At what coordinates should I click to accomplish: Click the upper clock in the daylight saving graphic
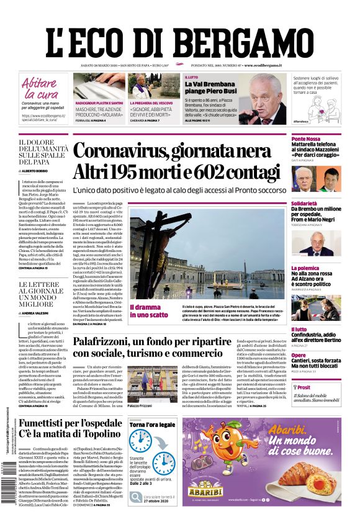pos(140,440)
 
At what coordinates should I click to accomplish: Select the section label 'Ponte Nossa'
pos(307,139)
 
